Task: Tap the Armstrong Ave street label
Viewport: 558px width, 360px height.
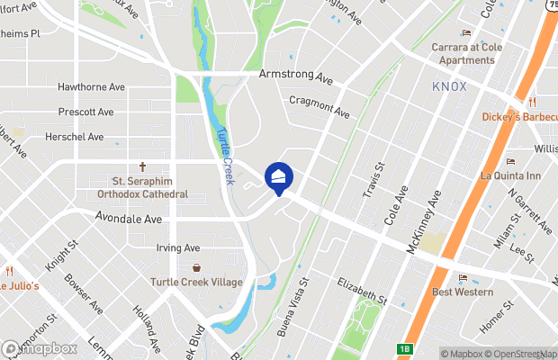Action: click(x=296, y=78)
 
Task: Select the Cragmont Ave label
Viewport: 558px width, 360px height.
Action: click(x=319, y=107)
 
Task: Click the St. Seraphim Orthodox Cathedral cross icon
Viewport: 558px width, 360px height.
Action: click(x=142, y=166)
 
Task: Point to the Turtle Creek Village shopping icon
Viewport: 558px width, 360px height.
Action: click(x=197, y=267)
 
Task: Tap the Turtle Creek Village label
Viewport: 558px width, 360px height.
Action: click(x=197, y=283)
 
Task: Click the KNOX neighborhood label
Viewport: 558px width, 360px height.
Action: click(x=451, y=86)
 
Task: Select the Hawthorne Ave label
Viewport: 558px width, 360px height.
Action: click(x=91, y=87)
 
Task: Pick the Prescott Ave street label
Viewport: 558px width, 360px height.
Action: click(x=85, y=112)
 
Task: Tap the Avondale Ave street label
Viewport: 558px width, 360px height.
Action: click(x=129, y=218)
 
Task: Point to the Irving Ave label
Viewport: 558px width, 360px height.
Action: click(x=177, y=248)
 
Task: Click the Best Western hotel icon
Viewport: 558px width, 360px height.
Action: click(x=463, y=278)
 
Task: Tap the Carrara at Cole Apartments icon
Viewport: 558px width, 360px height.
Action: click(x=466, y=33)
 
